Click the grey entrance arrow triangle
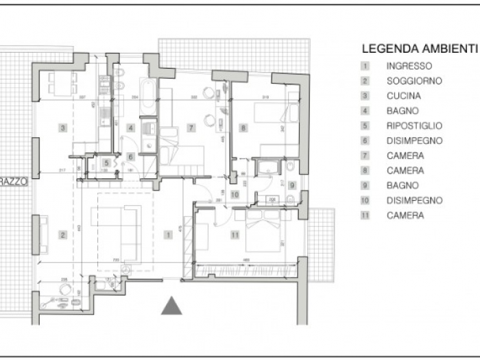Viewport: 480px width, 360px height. tap(171, 307)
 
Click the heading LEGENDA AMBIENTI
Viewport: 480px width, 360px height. tap(419, 49)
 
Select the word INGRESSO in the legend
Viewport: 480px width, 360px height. tap(409, 67)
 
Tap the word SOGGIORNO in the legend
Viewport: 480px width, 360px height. tap(414, 81)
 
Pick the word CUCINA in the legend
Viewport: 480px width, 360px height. tap(403, 96)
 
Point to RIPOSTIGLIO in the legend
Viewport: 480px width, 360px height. tap(414, 126)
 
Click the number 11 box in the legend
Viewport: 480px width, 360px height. tap(366, 215)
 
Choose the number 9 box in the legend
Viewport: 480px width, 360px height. tap(366, 185)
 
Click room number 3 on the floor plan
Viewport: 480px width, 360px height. tap(62, 128)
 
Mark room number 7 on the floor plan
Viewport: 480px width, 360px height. tap(191, 127)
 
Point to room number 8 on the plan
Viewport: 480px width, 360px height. tap(243, 127)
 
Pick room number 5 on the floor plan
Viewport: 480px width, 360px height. tap(107, 163)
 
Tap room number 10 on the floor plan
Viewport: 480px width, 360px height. tap(235, 194)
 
